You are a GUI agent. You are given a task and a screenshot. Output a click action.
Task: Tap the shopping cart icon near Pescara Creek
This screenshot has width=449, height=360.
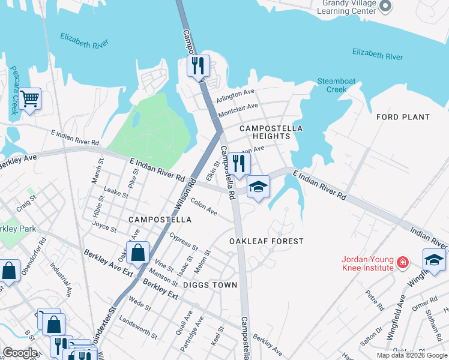(29, 99)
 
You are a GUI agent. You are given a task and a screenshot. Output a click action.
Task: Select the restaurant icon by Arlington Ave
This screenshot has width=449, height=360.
(199, 65)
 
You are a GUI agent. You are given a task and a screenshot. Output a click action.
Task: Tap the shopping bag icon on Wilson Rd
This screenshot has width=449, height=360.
(138, 253)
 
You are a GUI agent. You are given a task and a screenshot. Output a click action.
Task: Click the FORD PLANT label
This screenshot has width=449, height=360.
(403, 117)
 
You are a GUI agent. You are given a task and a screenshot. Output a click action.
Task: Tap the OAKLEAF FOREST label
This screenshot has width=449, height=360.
(267, 241)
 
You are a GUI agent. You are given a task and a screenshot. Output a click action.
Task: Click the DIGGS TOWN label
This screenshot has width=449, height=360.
(210, 285)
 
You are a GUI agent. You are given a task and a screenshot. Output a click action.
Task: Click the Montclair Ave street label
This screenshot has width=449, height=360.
(237, 110)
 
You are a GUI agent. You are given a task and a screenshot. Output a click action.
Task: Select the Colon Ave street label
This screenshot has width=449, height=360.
(203, 207)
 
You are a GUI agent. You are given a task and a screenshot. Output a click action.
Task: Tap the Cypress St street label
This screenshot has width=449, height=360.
(184, 241)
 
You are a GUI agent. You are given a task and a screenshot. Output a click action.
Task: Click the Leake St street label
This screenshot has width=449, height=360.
(116, 192)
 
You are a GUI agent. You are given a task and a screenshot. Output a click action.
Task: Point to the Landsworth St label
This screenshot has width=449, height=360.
(138, 328)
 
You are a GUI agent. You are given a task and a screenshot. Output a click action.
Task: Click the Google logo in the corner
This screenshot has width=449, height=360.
(20, 353)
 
